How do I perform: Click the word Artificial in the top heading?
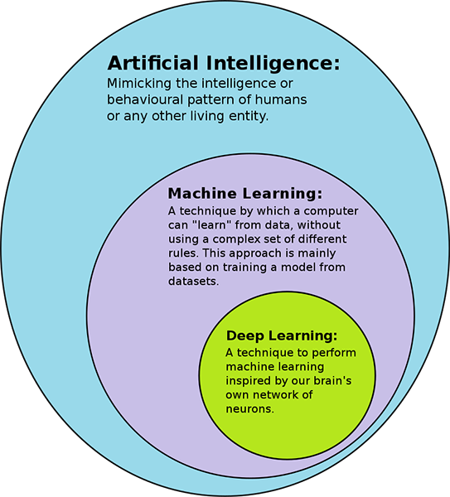click(153, 63)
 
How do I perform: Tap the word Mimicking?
click(139, 84)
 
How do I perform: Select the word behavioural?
click(145, 99)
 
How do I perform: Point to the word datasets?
click(193, 281)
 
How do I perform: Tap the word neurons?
click(250, 409)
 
